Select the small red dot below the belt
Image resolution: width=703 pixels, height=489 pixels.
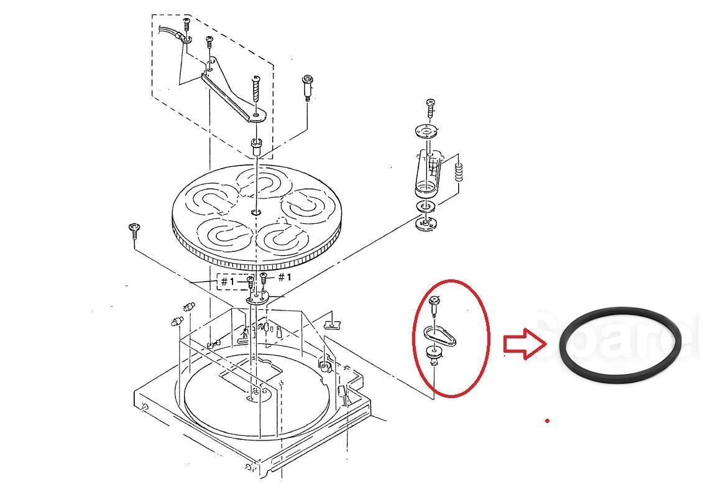tap(547, 421)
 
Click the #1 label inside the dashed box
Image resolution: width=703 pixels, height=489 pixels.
tap(228, 281)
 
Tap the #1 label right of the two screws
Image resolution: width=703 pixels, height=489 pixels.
tap(284, 277)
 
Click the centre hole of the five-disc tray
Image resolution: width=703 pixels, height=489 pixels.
tap(256, 213)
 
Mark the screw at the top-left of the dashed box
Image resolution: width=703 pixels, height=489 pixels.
tap(186, 24)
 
